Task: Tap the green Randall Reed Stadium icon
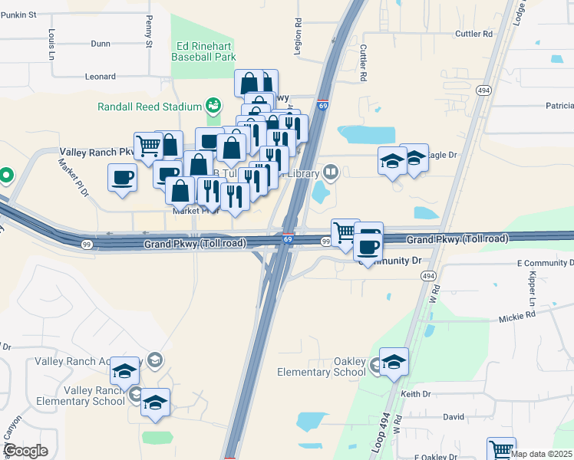pos(214,105)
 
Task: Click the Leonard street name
pos(101,77)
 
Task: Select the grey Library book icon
pos(331,172)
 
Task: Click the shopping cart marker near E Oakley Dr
pos(501,449)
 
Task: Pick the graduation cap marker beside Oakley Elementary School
pos(394,361)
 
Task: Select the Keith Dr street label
pos(417,394)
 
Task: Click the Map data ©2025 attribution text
pos(541,454)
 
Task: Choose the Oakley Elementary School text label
pos(322,366)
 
